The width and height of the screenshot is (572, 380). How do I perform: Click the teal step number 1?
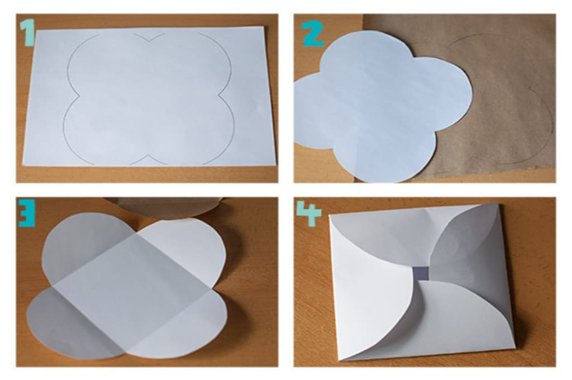tap(27, 33)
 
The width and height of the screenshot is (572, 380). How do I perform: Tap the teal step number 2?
tap(312, 33)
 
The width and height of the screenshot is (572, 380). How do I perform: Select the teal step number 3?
tap(27, 212)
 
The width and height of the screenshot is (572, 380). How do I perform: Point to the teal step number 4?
tap(309, 213)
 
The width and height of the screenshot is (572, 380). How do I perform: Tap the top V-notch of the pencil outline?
tap(149, 41)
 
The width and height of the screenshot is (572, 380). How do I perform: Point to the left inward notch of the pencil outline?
tap(79, 96)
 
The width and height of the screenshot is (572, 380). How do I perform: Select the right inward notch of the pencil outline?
tap(220, 96)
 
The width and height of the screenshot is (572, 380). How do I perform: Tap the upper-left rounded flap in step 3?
tap(84, 245)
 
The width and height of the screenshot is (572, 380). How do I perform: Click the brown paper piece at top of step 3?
tap(164, 206)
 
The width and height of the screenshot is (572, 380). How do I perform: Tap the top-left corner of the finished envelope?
tap(330, 215)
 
